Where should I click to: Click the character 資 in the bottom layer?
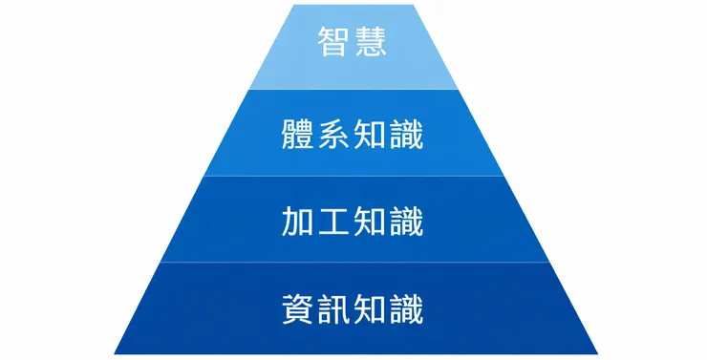300,308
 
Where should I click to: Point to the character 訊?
336,308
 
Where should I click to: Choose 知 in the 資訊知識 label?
372,308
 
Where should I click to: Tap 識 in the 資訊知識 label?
408,308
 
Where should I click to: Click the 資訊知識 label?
353,308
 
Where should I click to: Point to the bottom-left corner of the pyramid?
115,352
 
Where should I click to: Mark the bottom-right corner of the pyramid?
597,352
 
